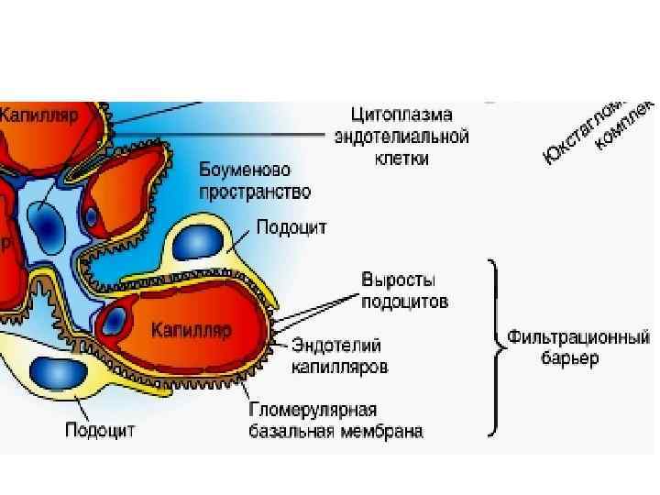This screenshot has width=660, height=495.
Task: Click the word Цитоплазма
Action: [x=402, y=116]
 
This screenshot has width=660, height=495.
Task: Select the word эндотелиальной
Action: [x=402, y=137]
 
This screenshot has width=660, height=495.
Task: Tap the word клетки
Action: [x=402, y=158]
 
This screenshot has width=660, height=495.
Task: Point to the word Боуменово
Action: [x=246, y=171]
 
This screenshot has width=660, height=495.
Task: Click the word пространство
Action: [x=256, y=192]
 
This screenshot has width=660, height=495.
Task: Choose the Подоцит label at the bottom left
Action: [x=101, y=429]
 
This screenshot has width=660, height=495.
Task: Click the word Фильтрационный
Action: [x=580, y=336]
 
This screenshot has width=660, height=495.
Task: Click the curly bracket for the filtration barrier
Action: [x=495, y=346]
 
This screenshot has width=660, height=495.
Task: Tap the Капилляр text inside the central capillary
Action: [x=192, y=328]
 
